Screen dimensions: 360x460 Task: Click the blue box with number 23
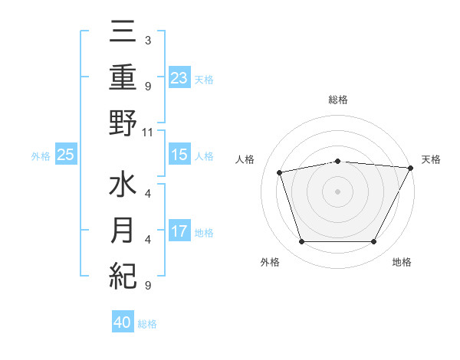[179, 78]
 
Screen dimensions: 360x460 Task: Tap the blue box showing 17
[179, 231]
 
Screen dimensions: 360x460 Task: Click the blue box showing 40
[123, 322]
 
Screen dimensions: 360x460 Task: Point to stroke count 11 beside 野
[148, 132]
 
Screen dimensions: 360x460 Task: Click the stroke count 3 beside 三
[148, 39]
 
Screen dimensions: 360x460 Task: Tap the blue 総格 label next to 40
[148, 324]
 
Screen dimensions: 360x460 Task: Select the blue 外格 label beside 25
[41, 156]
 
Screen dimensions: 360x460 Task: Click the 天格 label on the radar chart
[431, 159]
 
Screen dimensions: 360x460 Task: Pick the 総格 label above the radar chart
[338, 100]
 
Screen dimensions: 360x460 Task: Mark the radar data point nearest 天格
[411, 168]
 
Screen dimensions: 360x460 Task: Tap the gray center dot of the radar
[338, 191]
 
